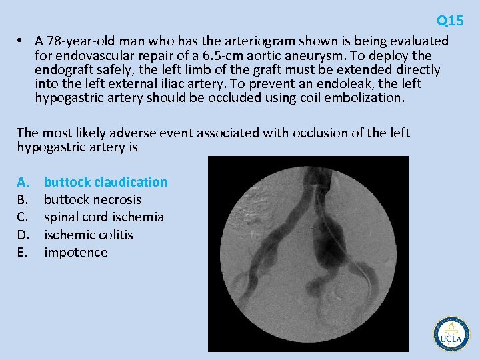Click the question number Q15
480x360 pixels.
pyautogui.click(x=450, y=21)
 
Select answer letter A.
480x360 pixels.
pyautogui.click(x=23, y=182)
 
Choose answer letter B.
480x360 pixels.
pyautogui.click(x=22, y=199)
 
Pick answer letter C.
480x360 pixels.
pyautogui.click(x=22, y=217)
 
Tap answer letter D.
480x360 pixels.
pyautogui.click(x=23, y=235)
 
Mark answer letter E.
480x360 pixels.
pyautogui.click(x=22, y=252)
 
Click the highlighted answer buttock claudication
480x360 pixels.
pyautogui.click(x=106, y=182)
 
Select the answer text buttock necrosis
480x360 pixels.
pyautogui.click(x=93, y=199)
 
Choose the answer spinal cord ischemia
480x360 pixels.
pyautogui.click(x=104, y=217)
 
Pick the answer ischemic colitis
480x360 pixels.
pyautogui.click(x=89, y=235)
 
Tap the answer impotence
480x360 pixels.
pyautogui.click(x=75, y=252)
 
